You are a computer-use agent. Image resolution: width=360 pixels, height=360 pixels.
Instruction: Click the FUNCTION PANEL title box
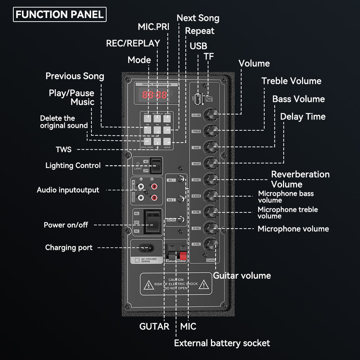[60, 14]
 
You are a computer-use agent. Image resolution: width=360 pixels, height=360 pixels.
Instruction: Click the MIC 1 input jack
[183, 179]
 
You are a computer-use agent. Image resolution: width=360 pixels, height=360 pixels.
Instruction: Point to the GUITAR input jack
[183, 219]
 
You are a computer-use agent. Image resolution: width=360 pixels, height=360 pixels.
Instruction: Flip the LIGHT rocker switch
[155, 166]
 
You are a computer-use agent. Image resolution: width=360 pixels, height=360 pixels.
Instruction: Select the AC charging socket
[145, 248]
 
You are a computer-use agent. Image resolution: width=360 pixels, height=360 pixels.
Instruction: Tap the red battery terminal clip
[183, 256]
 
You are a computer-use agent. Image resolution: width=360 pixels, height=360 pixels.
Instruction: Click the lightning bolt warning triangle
[148, 285]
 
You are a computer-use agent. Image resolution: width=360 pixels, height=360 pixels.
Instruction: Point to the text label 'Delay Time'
[303, 117]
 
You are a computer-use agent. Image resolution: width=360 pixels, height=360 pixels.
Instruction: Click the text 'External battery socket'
[222, 343]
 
